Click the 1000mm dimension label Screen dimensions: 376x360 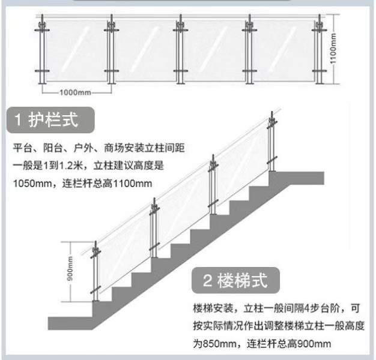(75, 92)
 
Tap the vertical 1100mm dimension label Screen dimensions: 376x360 (333, 49)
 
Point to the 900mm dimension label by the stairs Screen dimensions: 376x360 (70, 269)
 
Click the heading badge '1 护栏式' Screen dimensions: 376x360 (50, 120)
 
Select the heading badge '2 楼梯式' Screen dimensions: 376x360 (235, 280)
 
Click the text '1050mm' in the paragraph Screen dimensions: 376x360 (32, 184)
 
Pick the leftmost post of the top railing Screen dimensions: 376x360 (42, 49)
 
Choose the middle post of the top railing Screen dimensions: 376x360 (181, 49)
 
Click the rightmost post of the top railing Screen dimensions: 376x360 (319, 49)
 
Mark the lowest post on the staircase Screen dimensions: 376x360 (96, 271)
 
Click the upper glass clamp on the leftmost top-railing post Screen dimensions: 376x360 (42, 30)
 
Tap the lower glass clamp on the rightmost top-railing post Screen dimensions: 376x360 (319, 71)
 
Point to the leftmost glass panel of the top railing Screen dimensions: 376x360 (77, 50)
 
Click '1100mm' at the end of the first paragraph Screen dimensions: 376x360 (133, 184)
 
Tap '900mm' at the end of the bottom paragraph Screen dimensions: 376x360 (314, 344)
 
